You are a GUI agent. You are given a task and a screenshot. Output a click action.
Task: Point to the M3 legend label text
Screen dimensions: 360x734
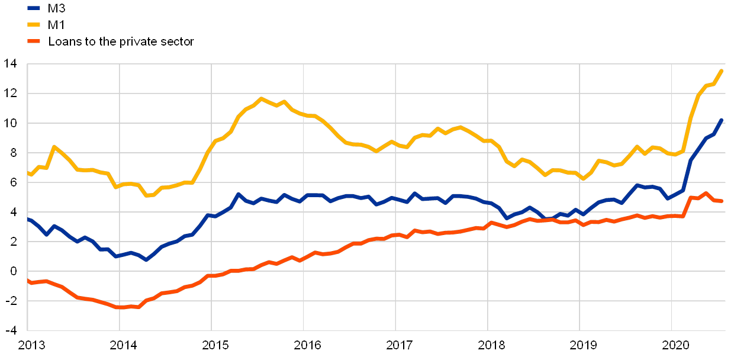tap(57, 8)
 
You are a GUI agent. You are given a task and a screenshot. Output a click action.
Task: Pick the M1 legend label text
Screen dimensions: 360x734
tap(56, 25)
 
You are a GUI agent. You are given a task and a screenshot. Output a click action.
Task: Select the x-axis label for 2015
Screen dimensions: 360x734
tap(212, 344)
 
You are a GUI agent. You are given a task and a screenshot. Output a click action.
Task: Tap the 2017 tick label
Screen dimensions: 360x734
tap(395, 344)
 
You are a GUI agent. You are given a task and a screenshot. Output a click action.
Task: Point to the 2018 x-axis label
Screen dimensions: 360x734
tap(488, 344)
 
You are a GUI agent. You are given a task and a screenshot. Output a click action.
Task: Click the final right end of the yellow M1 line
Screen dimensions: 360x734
tap(722, 70)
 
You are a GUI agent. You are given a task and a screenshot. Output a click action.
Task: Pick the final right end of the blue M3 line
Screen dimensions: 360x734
tap(722, 120)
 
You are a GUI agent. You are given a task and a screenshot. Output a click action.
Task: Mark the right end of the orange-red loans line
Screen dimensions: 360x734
tap(722, 201)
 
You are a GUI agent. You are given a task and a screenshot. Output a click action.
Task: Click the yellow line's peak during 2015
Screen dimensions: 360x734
tap(262, 98)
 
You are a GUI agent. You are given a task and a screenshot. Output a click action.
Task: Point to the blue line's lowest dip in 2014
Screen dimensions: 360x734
tap(146, 259)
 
